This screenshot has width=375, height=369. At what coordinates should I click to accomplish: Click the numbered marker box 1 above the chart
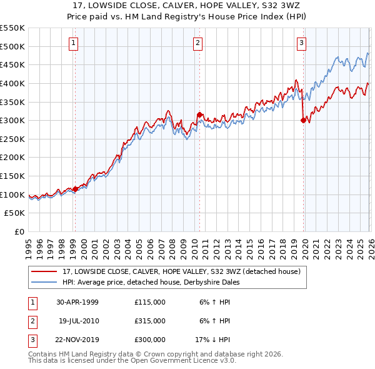tap(74, 43)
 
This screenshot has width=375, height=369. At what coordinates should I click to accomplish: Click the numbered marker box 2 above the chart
tap(197, 43)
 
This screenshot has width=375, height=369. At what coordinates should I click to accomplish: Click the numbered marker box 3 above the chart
tap(301, 43)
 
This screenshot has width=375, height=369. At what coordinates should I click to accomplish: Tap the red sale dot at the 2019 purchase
tap(303, 121)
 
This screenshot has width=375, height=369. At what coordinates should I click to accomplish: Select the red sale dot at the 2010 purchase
tap(199, 115)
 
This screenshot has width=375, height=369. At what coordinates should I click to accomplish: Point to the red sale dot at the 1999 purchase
tap(75, 189)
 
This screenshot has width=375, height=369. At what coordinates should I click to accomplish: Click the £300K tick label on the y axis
tap(12, 120)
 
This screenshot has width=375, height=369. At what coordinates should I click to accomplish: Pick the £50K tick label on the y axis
tap(15, 213)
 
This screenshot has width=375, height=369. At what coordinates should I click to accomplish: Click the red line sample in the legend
tap(44, 271)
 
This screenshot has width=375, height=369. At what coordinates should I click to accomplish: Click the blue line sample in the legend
tap(44, 282)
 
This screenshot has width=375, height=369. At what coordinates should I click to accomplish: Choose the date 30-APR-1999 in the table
tap(77, 302)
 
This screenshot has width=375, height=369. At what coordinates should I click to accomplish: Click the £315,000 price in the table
tap(150, 321)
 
